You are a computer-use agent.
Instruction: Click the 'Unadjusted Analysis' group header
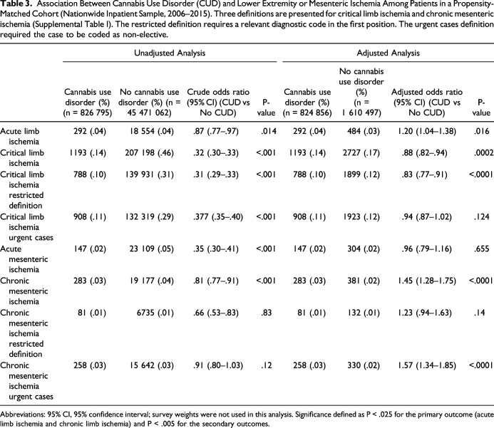click(170, 53)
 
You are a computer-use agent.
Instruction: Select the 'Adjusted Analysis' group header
click(388, 53)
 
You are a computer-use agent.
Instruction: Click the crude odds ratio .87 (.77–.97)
click(216, 131)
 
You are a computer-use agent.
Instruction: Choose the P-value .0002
click(483, 153)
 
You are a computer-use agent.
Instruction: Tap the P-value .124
click(481, 216)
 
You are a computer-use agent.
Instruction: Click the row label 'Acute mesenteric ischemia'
click(24, 259)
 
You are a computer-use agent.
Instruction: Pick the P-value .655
click(481, 249)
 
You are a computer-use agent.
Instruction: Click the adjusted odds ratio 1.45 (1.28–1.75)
click(427, 281)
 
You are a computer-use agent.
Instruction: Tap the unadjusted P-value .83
click(266, 313)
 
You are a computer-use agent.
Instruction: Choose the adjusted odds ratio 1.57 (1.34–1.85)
click(427, 365)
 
